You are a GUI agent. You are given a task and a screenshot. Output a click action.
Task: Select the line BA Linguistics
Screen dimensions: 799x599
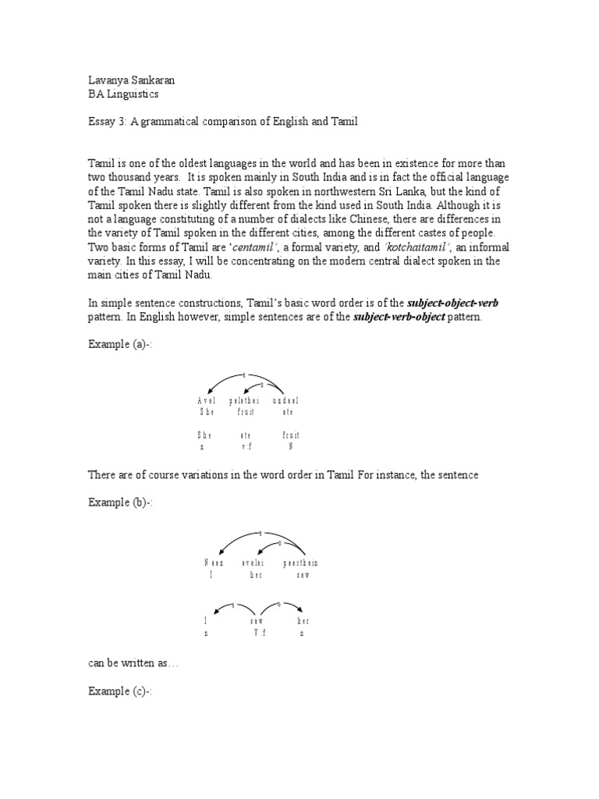point(123,94)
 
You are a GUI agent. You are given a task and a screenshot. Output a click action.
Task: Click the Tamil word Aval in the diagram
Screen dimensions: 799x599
point(207,400)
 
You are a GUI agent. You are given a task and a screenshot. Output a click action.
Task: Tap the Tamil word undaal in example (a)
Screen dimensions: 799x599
point(285,400)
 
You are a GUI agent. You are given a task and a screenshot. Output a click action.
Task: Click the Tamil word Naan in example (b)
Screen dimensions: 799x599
point(214,562)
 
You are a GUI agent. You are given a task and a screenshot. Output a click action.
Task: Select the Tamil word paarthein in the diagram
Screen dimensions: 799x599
point(300,562)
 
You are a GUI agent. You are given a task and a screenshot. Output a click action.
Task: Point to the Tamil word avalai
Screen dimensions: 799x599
point(254,562)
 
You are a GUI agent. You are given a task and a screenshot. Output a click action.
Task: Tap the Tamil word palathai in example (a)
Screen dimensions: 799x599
point(243,400)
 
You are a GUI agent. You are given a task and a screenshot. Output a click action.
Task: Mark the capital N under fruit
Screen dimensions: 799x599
point(291,447)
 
